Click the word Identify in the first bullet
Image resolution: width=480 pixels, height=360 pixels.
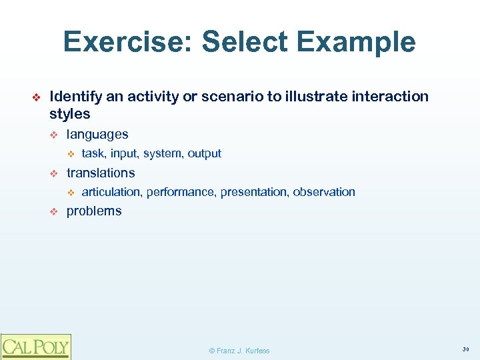coord(76,97)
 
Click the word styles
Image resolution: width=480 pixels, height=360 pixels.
coord(70,114)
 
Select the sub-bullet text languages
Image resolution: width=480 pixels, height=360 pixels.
coord(97,134)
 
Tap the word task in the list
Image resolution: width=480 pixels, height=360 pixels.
coord(93,153)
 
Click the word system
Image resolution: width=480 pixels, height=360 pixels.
coord(162,153)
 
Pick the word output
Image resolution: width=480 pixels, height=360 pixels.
coord(205,153)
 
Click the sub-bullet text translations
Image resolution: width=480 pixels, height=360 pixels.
coord(101,173)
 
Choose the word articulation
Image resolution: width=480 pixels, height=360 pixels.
coord(111,192)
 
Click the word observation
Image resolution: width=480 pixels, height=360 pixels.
coord(324,192)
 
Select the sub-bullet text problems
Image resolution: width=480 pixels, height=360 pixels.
coord(94,211)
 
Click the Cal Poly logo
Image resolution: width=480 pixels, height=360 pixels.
coord(35,347)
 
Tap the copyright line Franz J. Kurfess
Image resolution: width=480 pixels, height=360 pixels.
coord(239,351)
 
